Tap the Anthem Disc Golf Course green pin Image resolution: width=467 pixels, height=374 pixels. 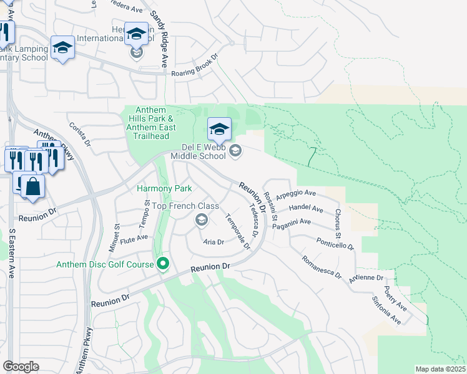pos(164,265)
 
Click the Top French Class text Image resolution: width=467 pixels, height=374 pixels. pos(185,206)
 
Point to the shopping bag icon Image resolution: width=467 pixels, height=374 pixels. pos(32,186)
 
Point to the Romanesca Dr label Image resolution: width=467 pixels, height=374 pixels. pos(322,266)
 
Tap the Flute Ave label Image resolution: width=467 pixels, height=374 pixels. pos(134,237)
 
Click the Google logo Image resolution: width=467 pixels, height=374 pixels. pos(21,367)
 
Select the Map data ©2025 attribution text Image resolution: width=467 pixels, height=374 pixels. pos(440,369)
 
